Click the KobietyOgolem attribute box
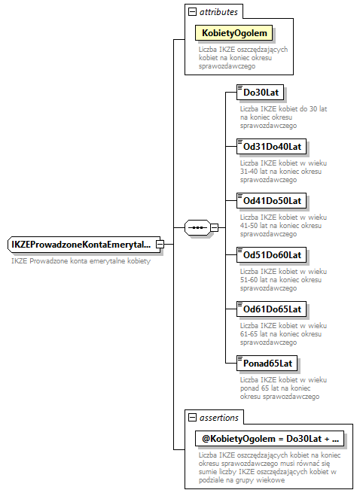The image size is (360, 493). point(233,34)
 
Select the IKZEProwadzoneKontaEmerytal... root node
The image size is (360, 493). point(81,245)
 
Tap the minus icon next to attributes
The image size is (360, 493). point(192,12)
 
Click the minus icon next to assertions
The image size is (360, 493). point(192,417)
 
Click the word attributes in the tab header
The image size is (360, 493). point(219,12)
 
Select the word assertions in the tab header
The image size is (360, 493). point(219,417)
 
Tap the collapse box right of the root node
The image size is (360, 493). point(160,245)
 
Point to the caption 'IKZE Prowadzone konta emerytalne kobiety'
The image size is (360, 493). point(81,261)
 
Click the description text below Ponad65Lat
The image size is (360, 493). point(279,388)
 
